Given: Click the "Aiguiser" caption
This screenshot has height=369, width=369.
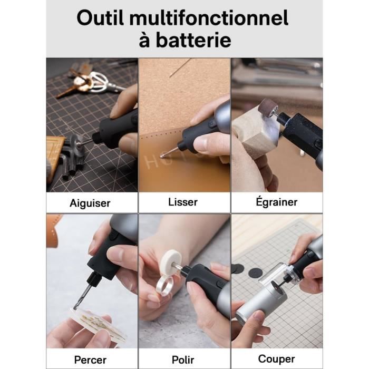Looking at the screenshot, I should (90, 203).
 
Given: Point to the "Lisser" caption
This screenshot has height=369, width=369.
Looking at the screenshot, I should (183, 202).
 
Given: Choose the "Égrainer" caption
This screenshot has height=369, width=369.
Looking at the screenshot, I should (276, 202).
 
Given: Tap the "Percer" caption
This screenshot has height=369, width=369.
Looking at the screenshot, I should (90, 360).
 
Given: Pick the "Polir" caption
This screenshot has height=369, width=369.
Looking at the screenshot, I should (183, 360).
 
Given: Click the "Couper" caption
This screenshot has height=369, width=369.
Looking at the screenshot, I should (276, 359).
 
